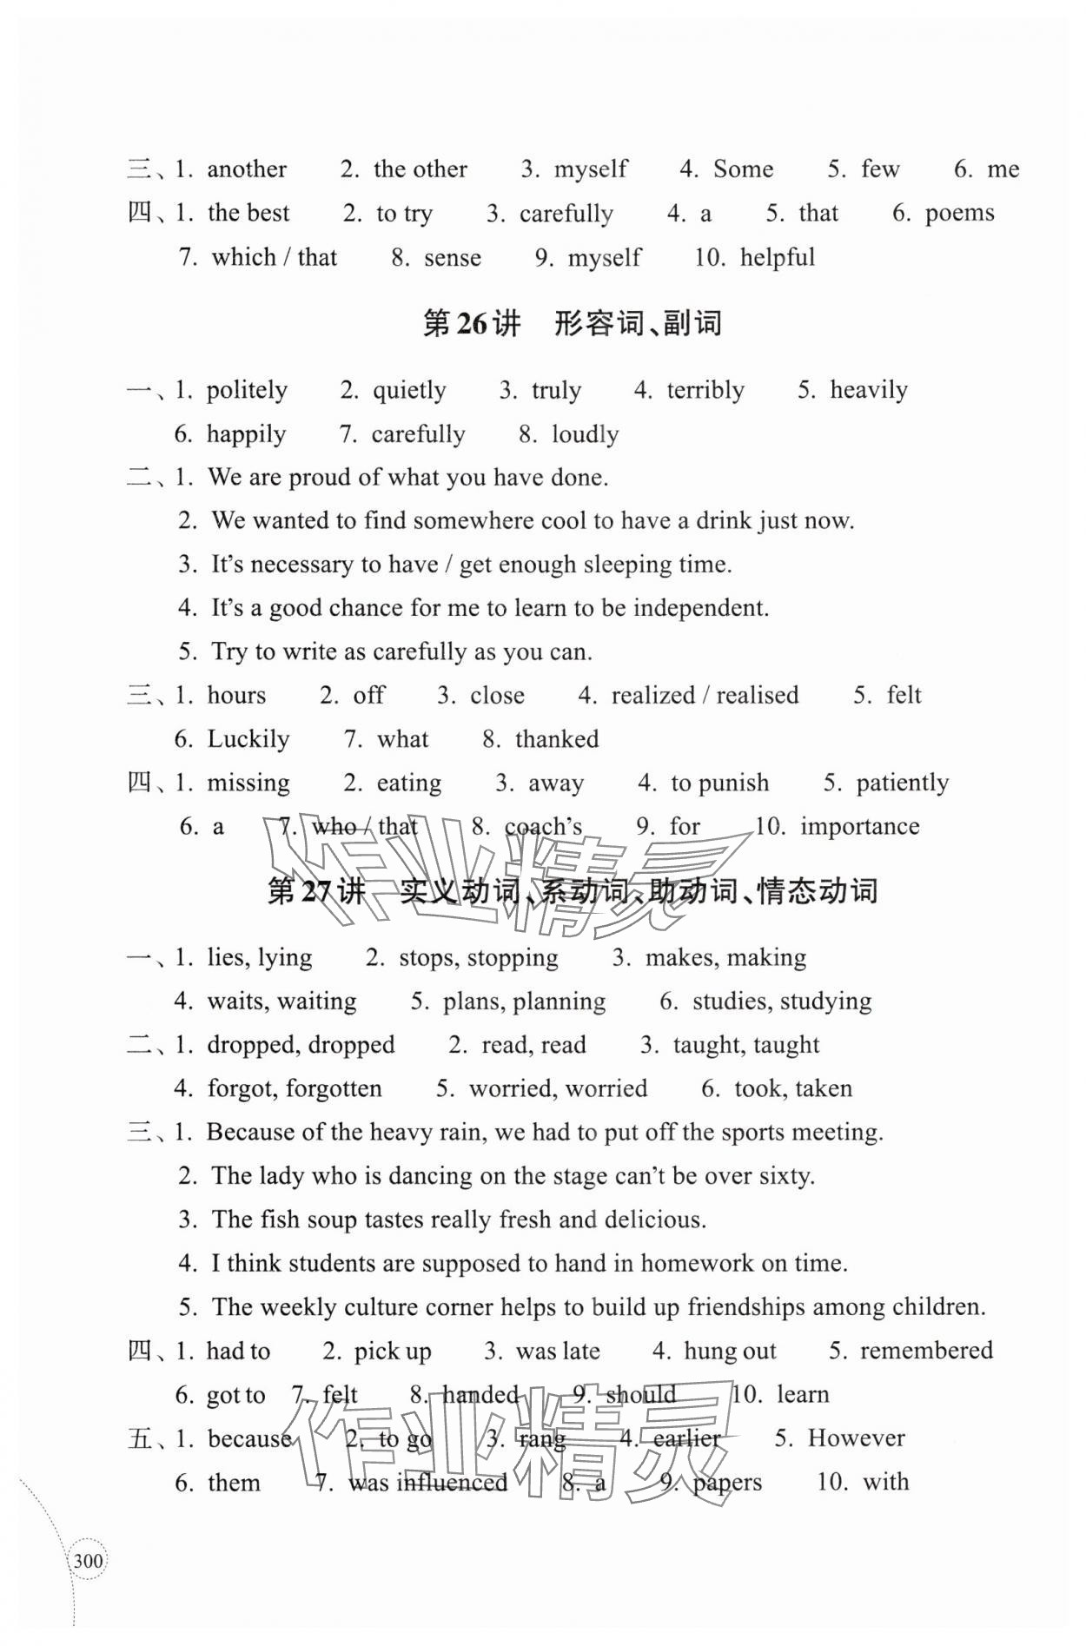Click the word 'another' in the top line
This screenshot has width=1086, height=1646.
[x=247, y=169]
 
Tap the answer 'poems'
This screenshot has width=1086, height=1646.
[x=959, y=214]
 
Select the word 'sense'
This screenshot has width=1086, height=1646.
[x=453, y=258]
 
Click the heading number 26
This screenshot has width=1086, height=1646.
[x=473, y=324]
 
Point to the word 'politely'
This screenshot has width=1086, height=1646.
[x=247, y=391]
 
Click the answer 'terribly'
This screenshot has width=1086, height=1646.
[x=705, y=391]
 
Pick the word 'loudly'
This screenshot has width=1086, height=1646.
[x=586, y=434]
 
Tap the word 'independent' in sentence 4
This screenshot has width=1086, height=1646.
[x=699, y=608]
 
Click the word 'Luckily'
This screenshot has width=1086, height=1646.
[x=248, y=739]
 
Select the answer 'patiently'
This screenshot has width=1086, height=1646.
[x=903, y=783]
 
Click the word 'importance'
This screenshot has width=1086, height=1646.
[x=859, y=827]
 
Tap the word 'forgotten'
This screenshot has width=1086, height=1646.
[x=334, y=1089]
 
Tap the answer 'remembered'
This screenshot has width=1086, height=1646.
[x=926, y=1351]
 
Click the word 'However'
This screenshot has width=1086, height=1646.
[x=856, y=1438]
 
